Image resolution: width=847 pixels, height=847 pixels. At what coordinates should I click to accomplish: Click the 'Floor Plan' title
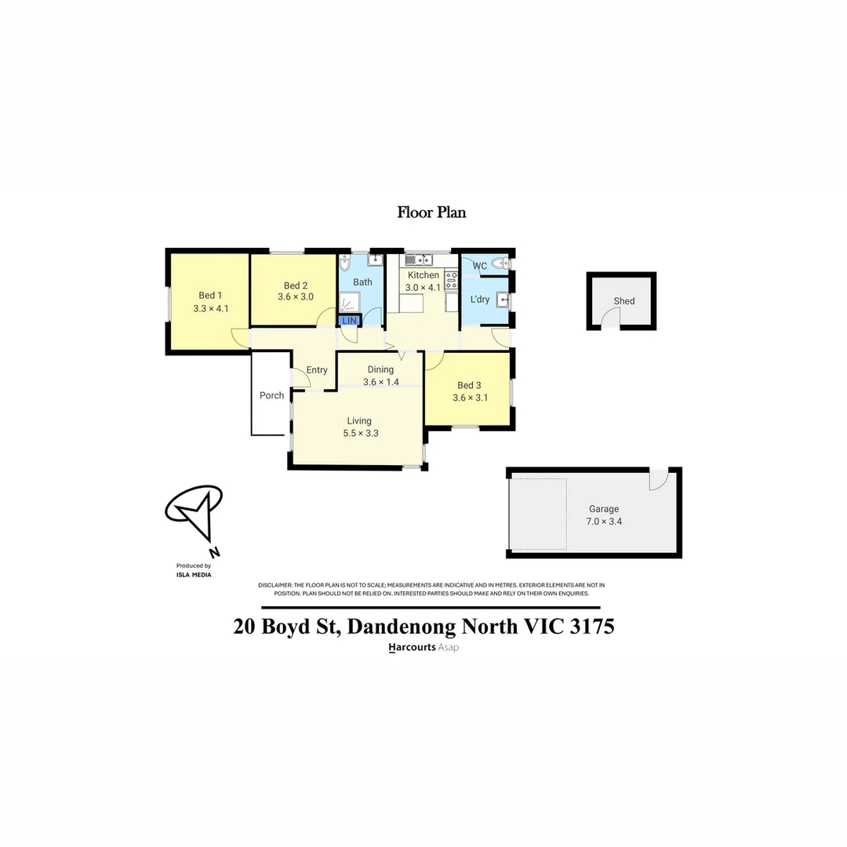pos(431,212)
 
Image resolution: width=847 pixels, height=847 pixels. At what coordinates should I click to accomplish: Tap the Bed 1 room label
pos(210,295)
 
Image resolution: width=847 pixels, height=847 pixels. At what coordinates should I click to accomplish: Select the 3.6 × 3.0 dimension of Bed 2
pos(296,297)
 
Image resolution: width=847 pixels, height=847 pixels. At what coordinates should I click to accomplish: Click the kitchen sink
pos(419,260)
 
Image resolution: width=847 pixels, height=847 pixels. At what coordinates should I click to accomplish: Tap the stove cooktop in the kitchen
pos(451,280)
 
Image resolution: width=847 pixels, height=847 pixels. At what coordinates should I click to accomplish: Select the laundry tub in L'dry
pos(504,300)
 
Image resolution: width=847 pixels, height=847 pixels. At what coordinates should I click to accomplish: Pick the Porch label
pos(272,395)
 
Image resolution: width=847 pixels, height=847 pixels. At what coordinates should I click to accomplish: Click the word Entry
pos(317,370)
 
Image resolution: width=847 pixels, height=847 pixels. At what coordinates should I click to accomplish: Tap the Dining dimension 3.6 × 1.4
pos(381,383)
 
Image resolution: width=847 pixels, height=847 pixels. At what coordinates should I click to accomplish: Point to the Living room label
pos(359,421)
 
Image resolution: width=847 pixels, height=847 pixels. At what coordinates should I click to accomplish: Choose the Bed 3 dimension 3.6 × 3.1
pos(471,398)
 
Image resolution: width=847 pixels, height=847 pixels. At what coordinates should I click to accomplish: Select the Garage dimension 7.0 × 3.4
pos(604,521)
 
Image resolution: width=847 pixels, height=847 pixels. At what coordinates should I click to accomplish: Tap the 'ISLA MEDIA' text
pos(194,574)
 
